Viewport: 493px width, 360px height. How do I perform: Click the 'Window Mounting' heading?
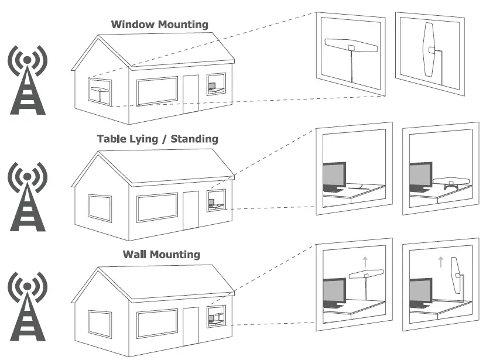pyautogui.click(x=160, y=25)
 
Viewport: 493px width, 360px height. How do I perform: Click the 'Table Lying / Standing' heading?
pyautogui.click(x=158, y=139)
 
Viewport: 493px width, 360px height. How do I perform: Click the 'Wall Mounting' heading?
pyautogui.click(x=161, y=254)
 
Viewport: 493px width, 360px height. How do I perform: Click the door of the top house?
pyautogui.click(x=191, y=94)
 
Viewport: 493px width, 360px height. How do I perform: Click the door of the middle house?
pyautogui.click(x=191, y=210)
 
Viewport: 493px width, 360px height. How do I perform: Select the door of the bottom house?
pyautogui.click(x=191, y=324)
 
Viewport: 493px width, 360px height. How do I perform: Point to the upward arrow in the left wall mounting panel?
pyautogui.click(x=365, y=260)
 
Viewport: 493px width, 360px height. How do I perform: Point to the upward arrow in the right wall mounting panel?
pyautogui.click(x=440, y=261)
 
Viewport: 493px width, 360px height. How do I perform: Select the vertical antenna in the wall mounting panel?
pyautogui.click(x=455, y=275)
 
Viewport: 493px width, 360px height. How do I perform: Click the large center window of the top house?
pyautogui.click(x=157, y=91)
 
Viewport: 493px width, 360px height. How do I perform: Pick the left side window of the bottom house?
pyautogui.click(x=100, y=323)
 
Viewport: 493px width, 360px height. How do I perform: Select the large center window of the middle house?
pyautogui.click(x=157, y=207)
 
